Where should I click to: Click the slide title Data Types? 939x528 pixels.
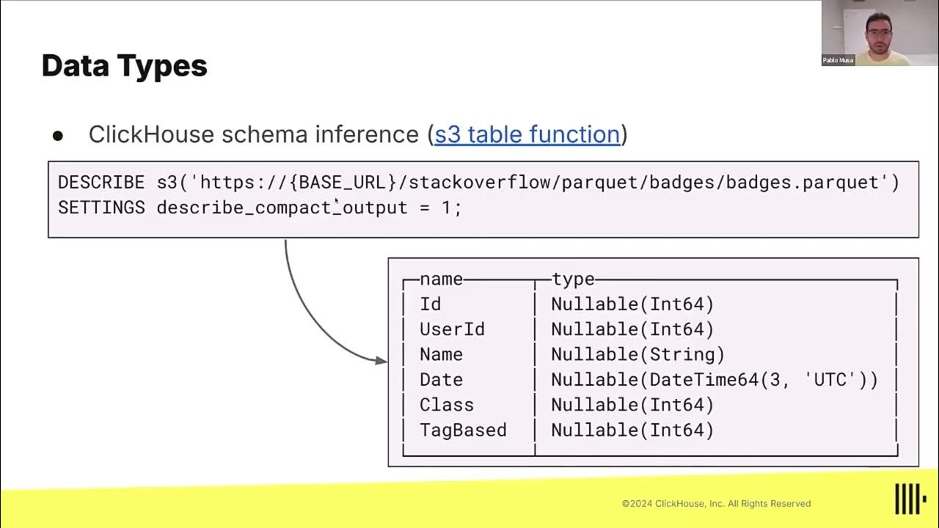click(x=124, y=66)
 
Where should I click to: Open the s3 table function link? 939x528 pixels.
click(x=527, y=134)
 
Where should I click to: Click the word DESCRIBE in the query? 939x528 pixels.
click(x=101, y=183)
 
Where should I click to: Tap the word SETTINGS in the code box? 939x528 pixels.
click(x=101, y=208)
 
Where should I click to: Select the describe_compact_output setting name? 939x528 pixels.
click(x=282, y=208)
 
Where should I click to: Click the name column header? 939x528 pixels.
click(x=441, y=279)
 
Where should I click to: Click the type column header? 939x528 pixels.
click(x=573, y=279)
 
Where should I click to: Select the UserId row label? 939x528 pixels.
click(x=452, y=329)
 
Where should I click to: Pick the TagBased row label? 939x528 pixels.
click(x=463, y=430)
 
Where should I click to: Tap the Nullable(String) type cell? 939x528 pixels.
click(x=637, y=354)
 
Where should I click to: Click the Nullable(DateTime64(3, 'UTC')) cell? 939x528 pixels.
click(x=714, y=380)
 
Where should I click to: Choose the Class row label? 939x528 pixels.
click(x=446, y=405)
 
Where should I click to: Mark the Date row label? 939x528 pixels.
click(x=441, y=380)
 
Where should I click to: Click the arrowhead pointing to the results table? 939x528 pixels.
click(x=381, y=360)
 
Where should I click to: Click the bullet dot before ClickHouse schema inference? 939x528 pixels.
click(x=58, y=136)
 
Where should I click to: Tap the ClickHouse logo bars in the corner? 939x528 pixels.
click(x=910, y=499)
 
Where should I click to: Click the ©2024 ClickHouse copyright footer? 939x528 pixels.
click(x=716, y=504)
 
